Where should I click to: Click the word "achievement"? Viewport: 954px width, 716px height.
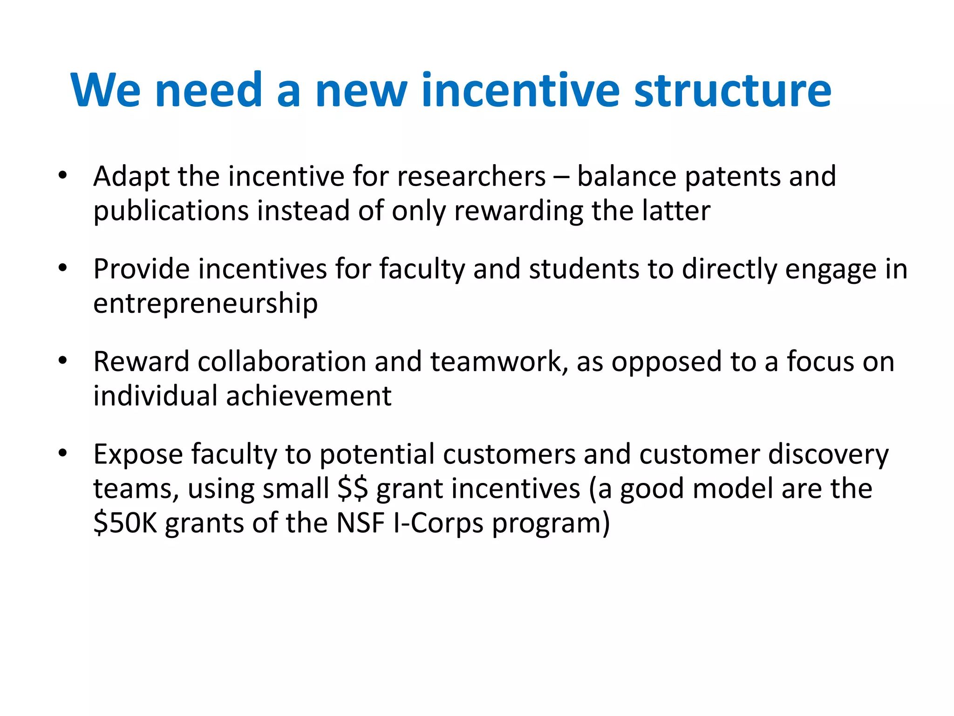308,396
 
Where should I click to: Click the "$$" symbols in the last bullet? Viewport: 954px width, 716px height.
353,489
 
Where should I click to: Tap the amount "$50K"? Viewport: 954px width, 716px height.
125,523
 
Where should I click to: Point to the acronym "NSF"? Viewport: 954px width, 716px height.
361,523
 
